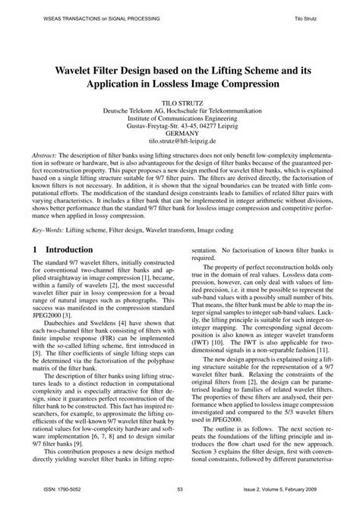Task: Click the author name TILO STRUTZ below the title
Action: pos(182,100)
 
